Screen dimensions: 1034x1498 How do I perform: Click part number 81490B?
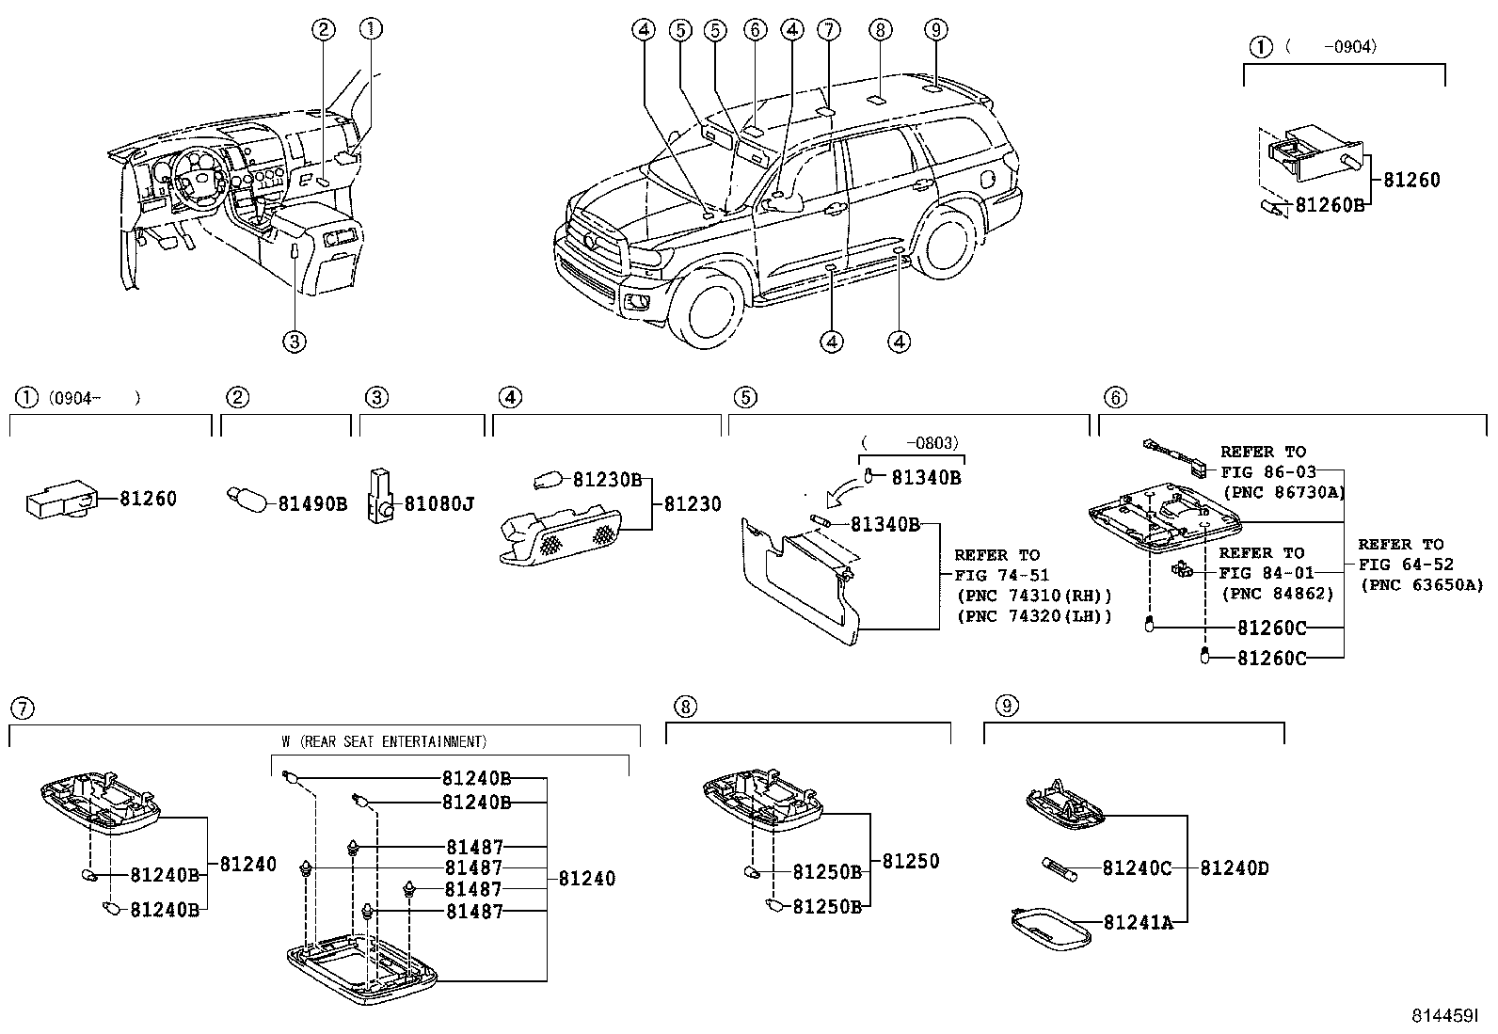[x=312, y=504]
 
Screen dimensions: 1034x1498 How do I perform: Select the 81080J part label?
[x=438, y=504]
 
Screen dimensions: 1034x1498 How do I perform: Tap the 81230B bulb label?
[x=607, y=480]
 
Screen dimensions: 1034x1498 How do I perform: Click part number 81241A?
[x=1138, y=923]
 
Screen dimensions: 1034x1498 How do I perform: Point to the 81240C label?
[x=1137, y=868]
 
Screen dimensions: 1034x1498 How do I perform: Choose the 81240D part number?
[x=1234, y=868]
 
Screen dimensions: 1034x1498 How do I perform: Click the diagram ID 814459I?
[x=1443, y=1017]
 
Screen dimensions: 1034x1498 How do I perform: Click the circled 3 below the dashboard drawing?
[x=295, y=342]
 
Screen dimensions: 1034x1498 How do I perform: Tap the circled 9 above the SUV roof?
[x=934, y=30]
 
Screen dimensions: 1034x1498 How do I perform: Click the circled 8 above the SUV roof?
[x=880, y=30]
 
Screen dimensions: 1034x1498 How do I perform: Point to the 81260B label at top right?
[x=1329, y=204]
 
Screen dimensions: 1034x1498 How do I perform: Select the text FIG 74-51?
[x=1001, y=575]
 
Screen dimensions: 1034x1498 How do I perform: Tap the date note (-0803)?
[x=910, y=442]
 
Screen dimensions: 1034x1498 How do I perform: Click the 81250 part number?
[x=910, y=861]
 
